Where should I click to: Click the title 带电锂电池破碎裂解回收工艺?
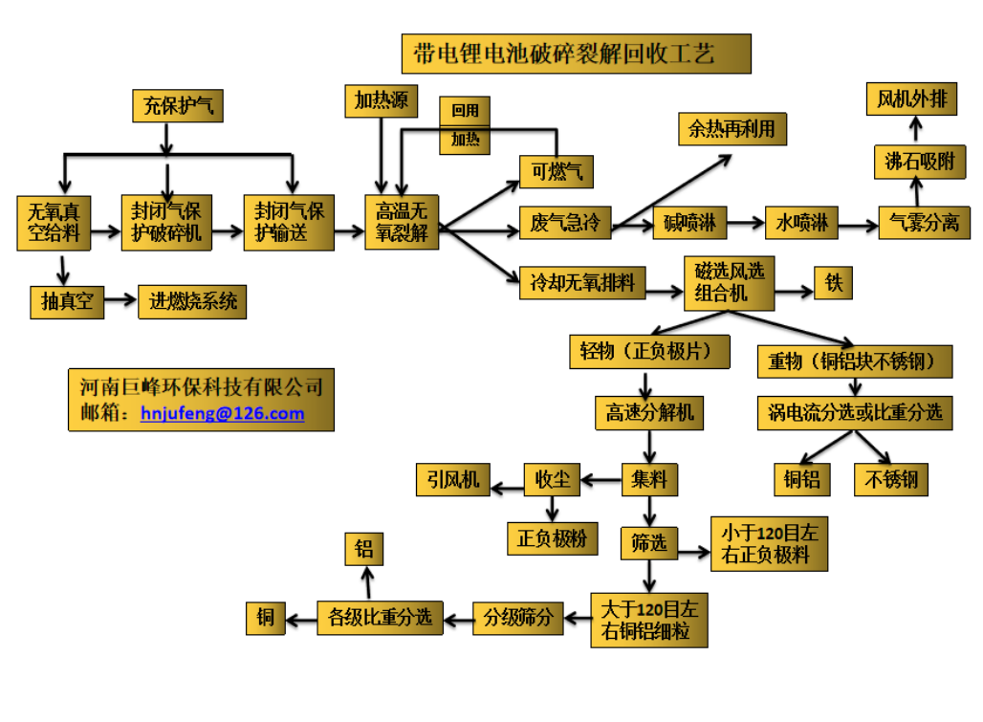pyautogui.click(x=577, y=54)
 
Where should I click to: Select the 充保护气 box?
pyautogui.click(x=178, y=106)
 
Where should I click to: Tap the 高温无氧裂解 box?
pyautogui.click(x=402, y=222)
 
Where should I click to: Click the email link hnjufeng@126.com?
pyautogui.click(x=222, y=414)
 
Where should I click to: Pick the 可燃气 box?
pyautogui.click(x=557, y=171)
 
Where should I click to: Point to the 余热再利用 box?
pyautogui.click(x=732, y=129)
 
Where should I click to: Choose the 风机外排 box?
pyautogui.click(x=912, y=99)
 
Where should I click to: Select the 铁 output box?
pyautogui.click(x=832, y=282)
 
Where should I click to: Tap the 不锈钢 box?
pyautogui.click(x=891, y=478)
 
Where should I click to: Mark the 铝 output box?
pyautogui.click(x=363, y=549)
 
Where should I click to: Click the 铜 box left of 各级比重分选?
pyautogui.click(x=265, y=618)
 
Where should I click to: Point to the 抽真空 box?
pyautogui.click(x=67, y=301)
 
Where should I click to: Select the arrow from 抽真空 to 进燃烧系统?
pyautogui.click(x=120, y=301)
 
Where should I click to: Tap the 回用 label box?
pyautogui.click(x=465, y=111)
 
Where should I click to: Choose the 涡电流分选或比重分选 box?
pyautogui.click(x=855, y=412)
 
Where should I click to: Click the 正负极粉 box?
pyautogui.click(x=552, y=538)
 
